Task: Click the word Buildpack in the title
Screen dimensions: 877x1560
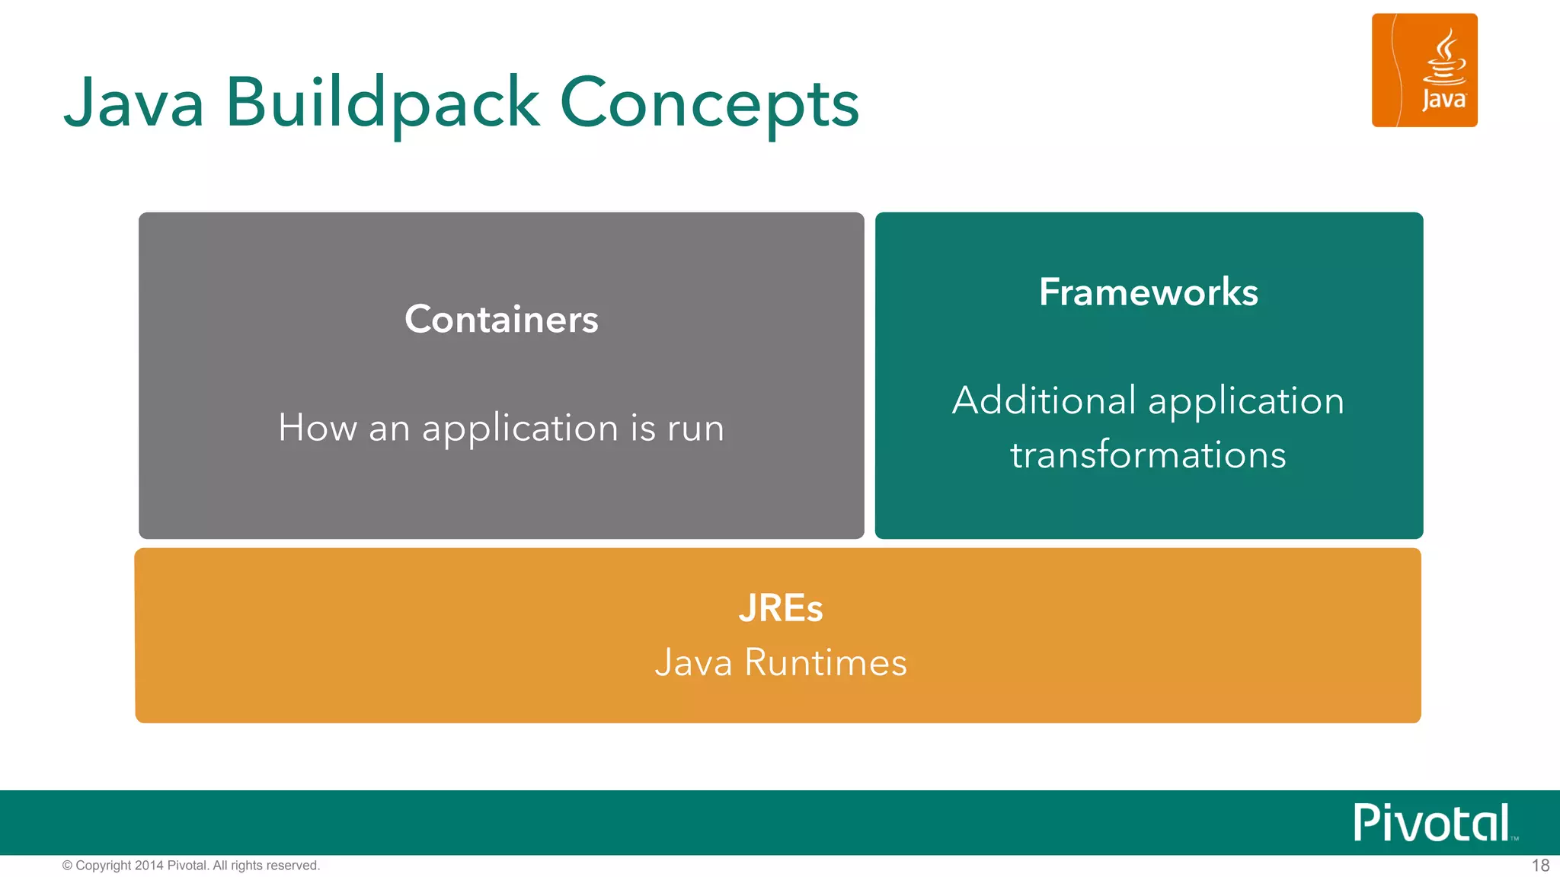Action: [x=382, y=104]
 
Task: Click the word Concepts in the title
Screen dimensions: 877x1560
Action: [x=709, y=105]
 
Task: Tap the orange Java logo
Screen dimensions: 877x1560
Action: [x=1424, y=70]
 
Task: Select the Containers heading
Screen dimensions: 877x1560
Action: [x=501, y=319]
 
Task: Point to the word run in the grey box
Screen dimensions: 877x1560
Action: [x=695, y=429]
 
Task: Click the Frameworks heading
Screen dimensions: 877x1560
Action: [x=1148, y=292]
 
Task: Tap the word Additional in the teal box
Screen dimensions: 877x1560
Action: [x=1044, y=400]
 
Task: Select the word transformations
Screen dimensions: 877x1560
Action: [x=1148, y=455]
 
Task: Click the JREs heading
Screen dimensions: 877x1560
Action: [x=780, y=608]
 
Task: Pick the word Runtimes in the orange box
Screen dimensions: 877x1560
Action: [x=826, y=662]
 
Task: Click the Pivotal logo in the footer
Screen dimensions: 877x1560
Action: [x=1432, y=823]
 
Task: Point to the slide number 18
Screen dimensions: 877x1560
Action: [x=1540, y=866]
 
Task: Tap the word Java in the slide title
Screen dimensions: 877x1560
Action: [x=134, y=104]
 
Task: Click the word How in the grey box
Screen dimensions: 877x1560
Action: [x=317, y=428]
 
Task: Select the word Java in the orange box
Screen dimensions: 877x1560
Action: [x=693, y=662]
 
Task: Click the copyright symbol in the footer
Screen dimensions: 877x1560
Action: [x=67, y=866]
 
